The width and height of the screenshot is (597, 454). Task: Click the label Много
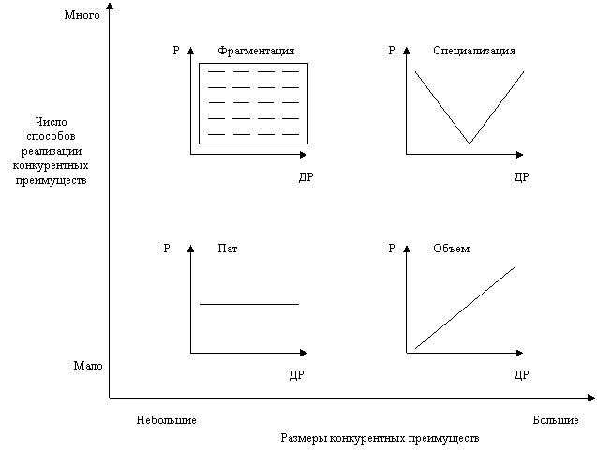(x=82, y=16)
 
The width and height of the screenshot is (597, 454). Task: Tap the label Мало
(x=83, y=366)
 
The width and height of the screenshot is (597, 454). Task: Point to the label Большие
(x=558, y=420)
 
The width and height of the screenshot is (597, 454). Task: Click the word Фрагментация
(x=251, y=51)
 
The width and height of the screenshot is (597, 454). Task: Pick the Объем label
(x=446, y=249)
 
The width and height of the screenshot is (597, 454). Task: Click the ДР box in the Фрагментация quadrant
(x=306, y=177)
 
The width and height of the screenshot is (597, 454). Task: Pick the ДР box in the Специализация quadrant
(x=523, y=177)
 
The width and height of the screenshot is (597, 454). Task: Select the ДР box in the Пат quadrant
(x=297, y=375)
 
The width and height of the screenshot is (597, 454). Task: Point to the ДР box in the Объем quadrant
(x=523, y=375)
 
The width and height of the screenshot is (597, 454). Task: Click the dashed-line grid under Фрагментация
(x=253, y=103)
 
